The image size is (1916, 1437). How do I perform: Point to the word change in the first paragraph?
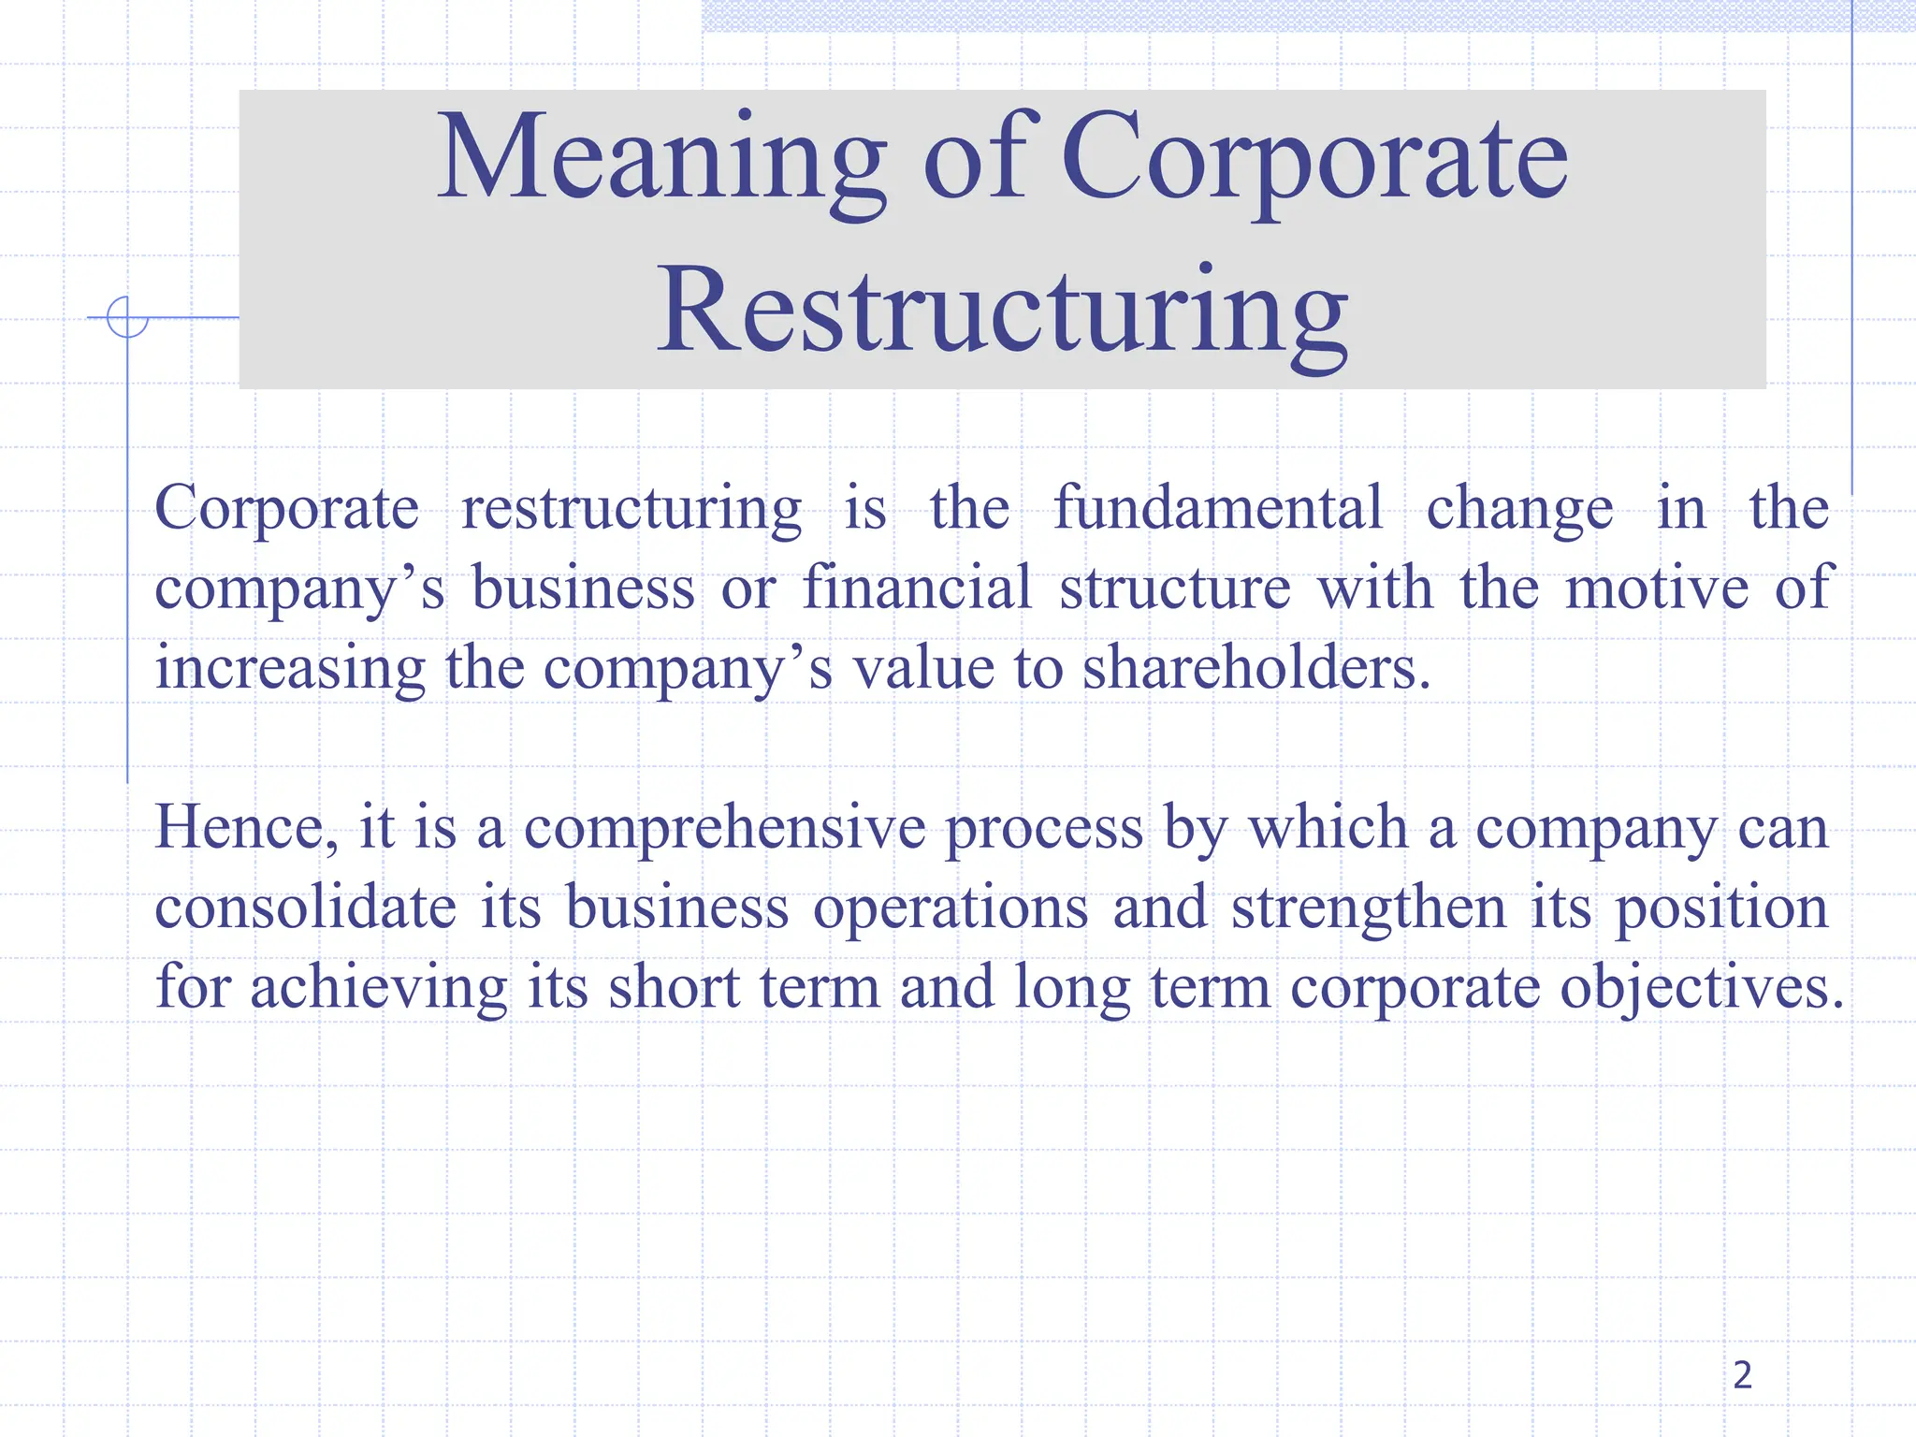point(1519,510)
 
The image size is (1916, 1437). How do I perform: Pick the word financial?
point(917,588)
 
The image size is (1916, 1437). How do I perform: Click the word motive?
point(1657,588)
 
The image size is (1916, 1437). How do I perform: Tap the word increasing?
point(290,670)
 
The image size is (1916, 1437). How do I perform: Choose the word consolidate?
point(305,908)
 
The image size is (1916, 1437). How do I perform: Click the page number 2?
point(1742,1375)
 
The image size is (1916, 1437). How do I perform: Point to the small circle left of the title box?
point(127,317)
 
